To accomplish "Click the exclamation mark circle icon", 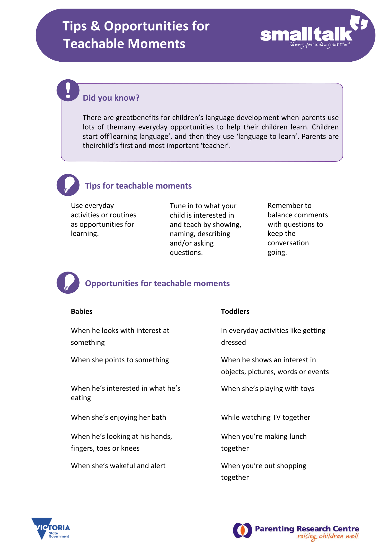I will (68, 90).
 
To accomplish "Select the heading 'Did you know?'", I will (111, 98).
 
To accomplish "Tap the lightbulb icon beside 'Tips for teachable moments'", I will (68, 185).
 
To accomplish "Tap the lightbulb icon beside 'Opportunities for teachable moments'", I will (68, 283).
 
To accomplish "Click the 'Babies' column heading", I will (82, 311).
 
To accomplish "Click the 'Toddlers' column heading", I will (235, 311).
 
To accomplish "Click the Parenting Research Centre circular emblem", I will (243, 530).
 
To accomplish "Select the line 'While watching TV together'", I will (265, 417).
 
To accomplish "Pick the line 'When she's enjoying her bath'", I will (118, 417).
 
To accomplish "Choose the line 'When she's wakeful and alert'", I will (118, 466).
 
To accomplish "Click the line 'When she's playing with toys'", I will (267, 388).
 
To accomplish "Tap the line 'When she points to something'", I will (120, 360).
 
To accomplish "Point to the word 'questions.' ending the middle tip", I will (186, 253).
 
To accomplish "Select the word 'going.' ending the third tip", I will (277, 252).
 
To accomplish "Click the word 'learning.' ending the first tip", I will (85, 234).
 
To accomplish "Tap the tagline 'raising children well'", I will (328, 536).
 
